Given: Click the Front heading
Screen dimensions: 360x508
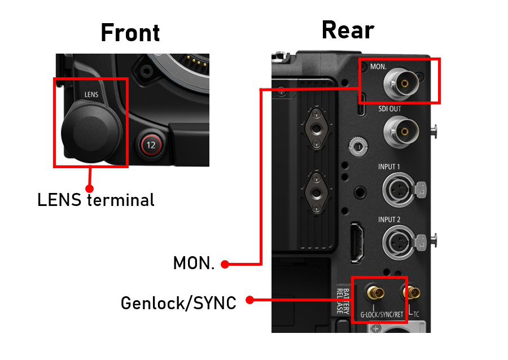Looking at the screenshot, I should pyautogui.click(x=130, y=33).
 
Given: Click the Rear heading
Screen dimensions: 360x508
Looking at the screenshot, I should pyautogui.click(x=348, y=30).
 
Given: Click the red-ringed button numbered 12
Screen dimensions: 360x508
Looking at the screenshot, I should pyautogui.click(x=151, y=145).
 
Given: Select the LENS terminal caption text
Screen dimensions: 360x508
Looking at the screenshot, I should pyautogui.click(x=95, y=200).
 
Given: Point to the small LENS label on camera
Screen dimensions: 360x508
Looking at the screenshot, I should pyautogui.click(x=91, y=95).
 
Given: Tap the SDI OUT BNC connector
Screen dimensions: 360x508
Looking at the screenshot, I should pyautogui.click(x=402, y=131).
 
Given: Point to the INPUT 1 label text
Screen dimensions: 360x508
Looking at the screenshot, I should pyautogui.click(x=389, y=167).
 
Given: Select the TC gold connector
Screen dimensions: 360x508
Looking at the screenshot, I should pyautogui.click(x=414, y=293).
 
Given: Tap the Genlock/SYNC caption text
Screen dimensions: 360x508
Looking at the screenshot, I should pyautogui.click(x=178, y=303).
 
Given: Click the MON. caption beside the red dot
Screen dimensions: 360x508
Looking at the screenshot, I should pyautogui.click(x=194, y=264).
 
